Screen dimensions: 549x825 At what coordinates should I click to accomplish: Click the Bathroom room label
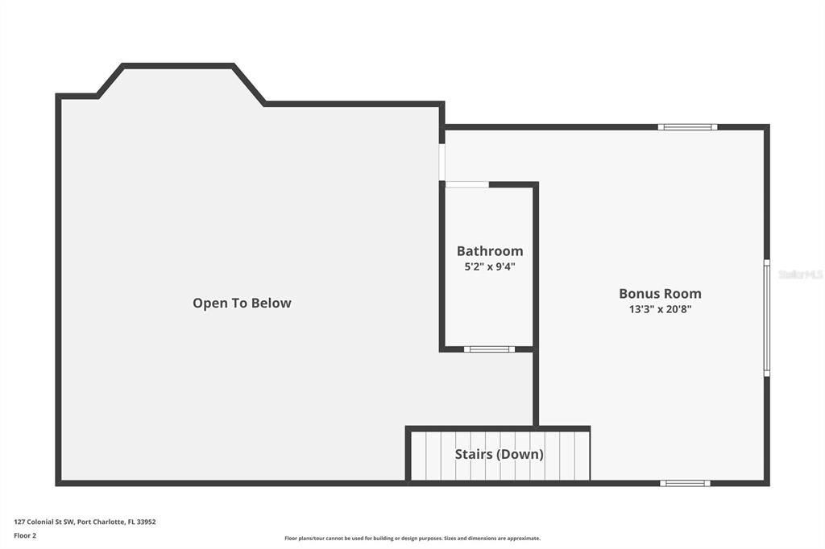(490, 251)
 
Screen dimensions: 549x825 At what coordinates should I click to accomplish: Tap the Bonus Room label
(660, 294)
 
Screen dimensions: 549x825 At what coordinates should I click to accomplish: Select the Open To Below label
(242, 303)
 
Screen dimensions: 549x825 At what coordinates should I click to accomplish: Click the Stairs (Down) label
(499, 454)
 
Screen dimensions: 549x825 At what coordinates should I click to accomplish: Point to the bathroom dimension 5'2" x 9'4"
(490, 266)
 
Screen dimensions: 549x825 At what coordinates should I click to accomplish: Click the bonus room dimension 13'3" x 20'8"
(660, 309)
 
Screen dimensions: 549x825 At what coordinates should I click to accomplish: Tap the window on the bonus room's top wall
(687, 126)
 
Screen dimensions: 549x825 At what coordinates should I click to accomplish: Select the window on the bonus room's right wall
(766, 317)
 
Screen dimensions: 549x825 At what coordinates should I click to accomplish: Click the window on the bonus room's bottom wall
(685, 483)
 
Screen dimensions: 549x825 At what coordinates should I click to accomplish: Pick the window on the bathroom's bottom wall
(489, 349)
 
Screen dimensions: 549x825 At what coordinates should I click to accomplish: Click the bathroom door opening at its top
(467, 184)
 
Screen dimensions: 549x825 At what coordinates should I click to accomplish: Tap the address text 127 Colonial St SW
(44, 522)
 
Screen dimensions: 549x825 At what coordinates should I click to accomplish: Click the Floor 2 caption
(25, 535)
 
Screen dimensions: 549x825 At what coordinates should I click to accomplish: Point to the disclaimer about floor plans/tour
(412, 539)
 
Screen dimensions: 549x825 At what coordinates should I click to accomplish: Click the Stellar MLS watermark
(800, 274)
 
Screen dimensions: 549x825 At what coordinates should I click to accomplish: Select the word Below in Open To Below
(271, 303)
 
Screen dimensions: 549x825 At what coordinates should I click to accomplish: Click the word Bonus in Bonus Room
(638, 294)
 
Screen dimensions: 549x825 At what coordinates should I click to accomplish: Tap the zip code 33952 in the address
(147, 522)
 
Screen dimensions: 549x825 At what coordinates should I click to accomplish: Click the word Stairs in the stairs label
(473, 454)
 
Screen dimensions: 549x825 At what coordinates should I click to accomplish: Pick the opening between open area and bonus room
(442, 163)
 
